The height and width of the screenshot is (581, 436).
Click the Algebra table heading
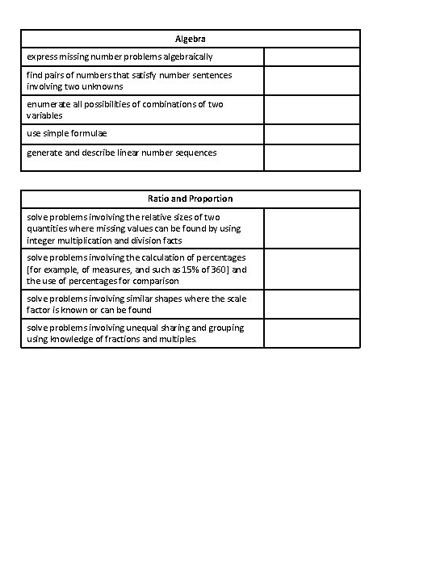191,39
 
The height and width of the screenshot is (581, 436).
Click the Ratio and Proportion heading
191,199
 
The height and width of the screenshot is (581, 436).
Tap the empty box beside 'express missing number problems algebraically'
312,57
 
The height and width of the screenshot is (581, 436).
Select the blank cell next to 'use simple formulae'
312,133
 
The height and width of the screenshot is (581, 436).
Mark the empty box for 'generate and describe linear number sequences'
312,157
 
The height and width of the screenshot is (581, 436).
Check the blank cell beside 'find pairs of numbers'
312,81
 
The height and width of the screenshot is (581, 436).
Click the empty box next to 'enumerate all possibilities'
312,110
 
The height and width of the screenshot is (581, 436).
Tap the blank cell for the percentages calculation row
312,270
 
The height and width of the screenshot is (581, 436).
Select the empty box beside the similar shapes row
312,304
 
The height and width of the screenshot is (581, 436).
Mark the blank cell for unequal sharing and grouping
312,333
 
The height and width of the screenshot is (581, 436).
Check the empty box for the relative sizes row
312,228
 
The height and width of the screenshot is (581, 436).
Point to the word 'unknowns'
102,86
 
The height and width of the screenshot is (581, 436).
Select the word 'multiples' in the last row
176,340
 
